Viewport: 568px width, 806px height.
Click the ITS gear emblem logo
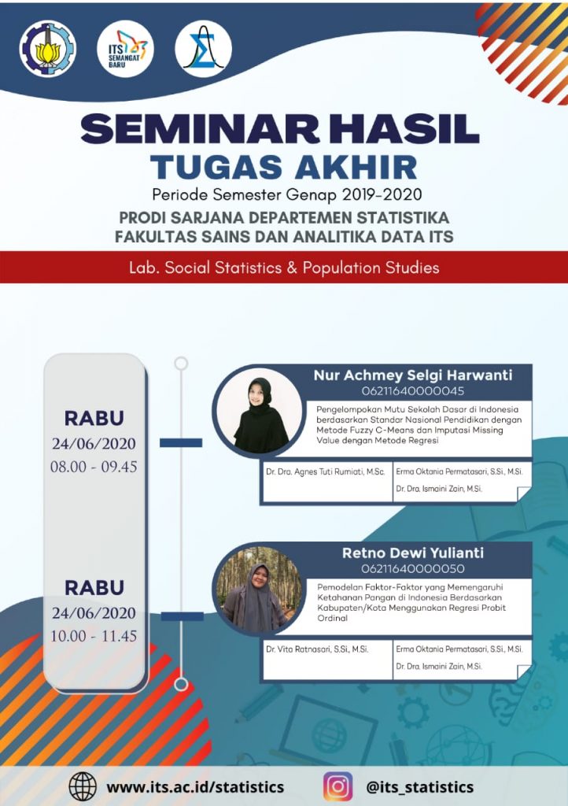click(47, 49)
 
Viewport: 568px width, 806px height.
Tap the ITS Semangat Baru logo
click(125, 49)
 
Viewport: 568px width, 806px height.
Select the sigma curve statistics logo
click(204, 49)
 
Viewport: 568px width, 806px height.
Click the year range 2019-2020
click(382, 195)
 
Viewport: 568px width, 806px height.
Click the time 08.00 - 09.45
click(94, 467)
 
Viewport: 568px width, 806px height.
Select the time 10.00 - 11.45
click(94, 636)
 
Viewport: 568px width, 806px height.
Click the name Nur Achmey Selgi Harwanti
click(413, 375)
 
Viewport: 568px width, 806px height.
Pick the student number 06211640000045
click(413, 391)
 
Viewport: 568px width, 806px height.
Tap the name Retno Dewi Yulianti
click(413, 553)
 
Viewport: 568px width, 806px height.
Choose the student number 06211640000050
click(413, 568)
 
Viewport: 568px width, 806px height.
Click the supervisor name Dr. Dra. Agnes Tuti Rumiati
click(325, 471)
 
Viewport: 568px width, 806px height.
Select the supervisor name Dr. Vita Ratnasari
click(317, 649)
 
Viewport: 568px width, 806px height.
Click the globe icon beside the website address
click(83, 786)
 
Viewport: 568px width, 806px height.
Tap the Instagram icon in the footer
click(338, 786)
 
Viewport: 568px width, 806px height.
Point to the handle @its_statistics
click(419, 787)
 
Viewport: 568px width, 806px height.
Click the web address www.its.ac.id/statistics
click(195, 787)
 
